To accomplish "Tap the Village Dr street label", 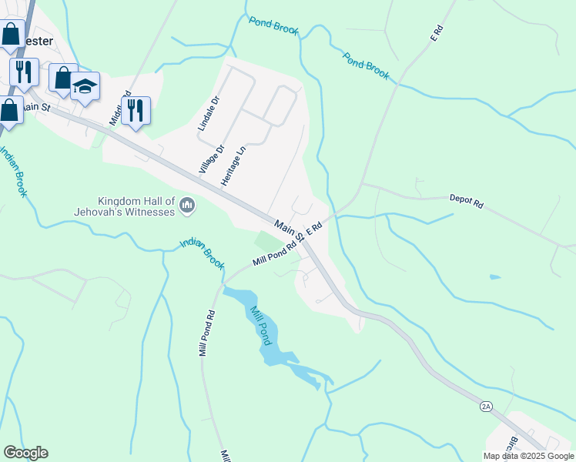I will coord(211,159).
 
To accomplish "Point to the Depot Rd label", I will coord(466,203).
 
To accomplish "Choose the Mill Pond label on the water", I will coord(259,323).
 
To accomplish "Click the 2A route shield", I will coord(485,406).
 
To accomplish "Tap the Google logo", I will coord(25,453).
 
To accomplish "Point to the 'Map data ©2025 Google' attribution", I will coord(528,456).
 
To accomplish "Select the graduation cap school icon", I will coord(85,86).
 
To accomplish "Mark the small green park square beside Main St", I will coord(266,241).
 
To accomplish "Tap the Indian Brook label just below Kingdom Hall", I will coord(202,253).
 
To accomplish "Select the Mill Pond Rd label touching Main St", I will coord(274,255).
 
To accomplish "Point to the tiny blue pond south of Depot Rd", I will coord(494,276).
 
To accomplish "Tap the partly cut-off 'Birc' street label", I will coord(511,446).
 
